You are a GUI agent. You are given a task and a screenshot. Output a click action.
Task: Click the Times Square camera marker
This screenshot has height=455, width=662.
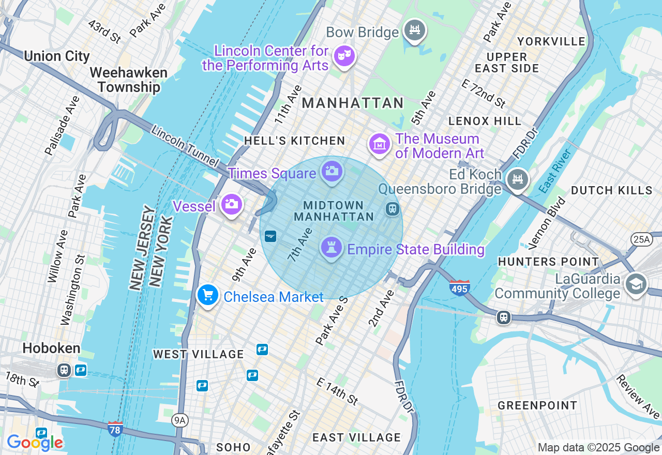click(332, 171)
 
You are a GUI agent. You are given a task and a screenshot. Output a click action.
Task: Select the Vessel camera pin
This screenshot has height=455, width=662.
click(231, 204)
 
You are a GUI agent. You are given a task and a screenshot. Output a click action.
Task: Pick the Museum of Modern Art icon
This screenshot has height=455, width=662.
click(380, 144)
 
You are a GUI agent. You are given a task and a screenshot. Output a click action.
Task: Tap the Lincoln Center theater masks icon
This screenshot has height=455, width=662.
click(344, 55)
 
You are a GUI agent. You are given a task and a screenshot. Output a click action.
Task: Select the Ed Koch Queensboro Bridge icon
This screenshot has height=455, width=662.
click(517, 179)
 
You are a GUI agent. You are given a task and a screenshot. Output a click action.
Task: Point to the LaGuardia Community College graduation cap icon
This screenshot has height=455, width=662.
click(636, 284)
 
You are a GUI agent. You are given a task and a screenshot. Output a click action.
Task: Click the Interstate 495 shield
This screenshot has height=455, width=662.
click(459, 287)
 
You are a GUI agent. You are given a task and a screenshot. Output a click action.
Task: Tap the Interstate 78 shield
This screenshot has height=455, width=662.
click(115, 429)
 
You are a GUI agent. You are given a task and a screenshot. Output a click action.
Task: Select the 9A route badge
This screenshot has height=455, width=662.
click(179, 420)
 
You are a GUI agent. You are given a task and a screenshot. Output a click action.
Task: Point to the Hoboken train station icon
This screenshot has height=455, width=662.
click(64, 370)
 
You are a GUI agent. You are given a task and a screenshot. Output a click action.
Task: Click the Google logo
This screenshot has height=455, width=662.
click(35, 442)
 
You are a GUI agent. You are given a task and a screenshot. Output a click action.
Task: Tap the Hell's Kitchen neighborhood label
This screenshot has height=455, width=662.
click(294, 141)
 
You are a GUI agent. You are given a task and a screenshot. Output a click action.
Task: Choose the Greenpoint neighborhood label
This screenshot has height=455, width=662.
click(537, 405)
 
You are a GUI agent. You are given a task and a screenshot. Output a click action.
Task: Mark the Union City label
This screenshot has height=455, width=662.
click(57, 56)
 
